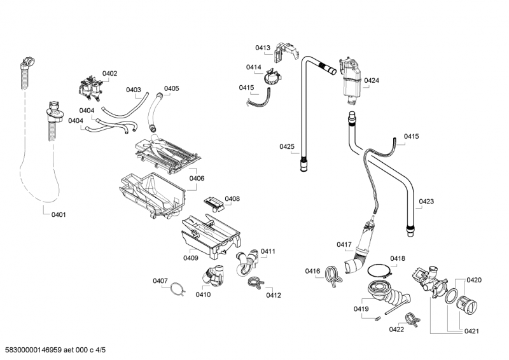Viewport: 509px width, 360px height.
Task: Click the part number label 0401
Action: pyautogui.click(x=59, y=214)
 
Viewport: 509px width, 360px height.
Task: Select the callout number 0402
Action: pyautogui.click(x=109, y=74)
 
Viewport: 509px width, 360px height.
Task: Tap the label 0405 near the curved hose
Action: pyautogui.click(x=171, y=88)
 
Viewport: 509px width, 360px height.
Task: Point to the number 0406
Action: pyautogui.click(x=197, y=179)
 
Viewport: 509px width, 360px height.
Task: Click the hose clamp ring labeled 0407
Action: pyautogui.click(x=176, y=289)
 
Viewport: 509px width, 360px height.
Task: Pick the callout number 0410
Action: pyautogui.click(x=203, y=294)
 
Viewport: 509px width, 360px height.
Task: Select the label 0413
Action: pyautogui.click(x=263, y=48)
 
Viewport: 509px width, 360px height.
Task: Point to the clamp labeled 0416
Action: pyautogui.click(x=331, y=275)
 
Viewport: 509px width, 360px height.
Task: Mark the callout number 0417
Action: pyautogui.click(x=344, y=244)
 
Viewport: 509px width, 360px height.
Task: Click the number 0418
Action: pyautogui.click(x=398, y=258)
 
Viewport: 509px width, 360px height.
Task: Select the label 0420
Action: pyautogui.click(x=474, y=280)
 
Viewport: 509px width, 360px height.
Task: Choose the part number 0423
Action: pyautogui.click(x=426, y=202)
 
